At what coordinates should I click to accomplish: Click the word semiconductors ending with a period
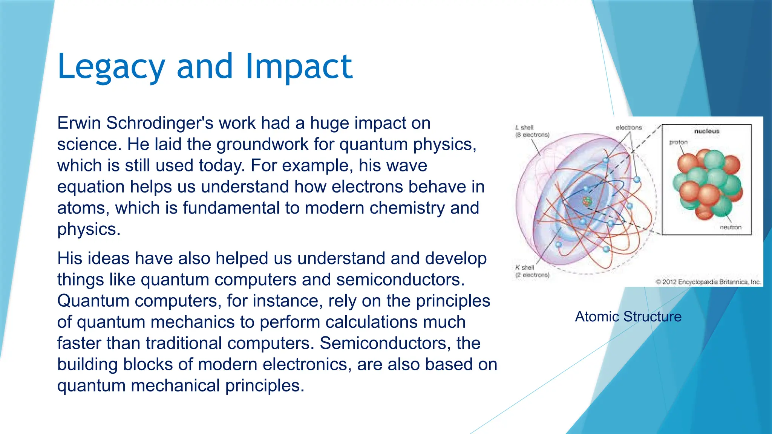400,280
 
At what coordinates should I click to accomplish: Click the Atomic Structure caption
628,316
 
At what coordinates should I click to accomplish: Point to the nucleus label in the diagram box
707,131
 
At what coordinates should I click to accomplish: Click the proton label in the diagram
678,142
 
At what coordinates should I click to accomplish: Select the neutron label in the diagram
731,227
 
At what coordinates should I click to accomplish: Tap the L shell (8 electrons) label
532,131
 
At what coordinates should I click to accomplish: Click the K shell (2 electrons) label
532,271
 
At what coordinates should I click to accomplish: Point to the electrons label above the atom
628,127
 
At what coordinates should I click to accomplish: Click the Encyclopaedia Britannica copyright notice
708,282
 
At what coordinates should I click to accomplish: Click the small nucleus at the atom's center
586,202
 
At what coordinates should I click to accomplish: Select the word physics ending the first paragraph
89,229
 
